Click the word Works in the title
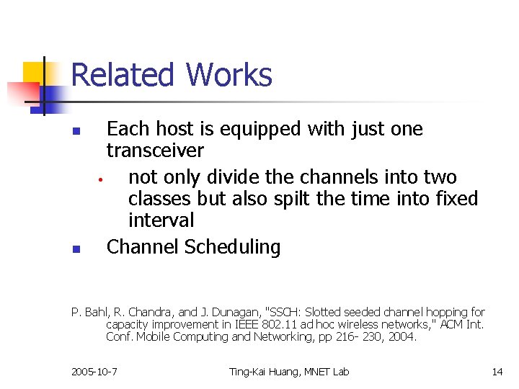229,75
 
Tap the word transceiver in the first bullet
155,151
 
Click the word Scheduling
232,247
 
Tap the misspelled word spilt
315,199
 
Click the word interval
161,220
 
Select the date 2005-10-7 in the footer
94,372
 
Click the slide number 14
497,372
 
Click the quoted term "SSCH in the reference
285,313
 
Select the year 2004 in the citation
402,336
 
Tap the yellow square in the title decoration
33,72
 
